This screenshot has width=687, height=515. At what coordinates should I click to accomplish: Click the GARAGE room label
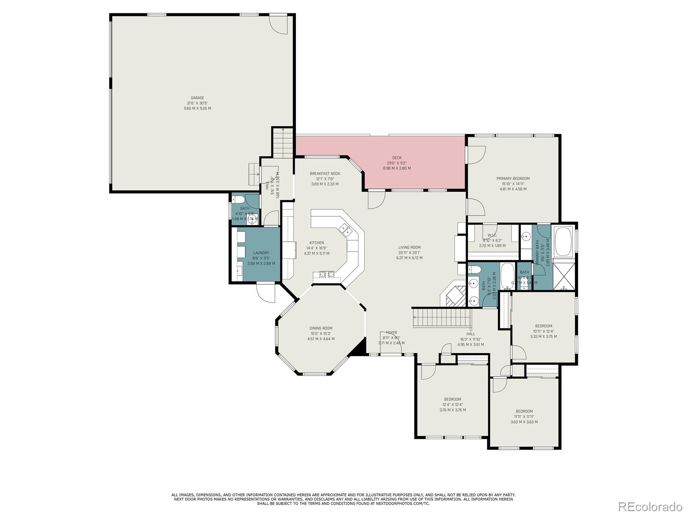[198, 98]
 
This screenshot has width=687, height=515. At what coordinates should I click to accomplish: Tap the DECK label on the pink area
[397, 158]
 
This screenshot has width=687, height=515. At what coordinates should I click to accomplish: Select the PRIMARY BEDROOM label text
[513, 179]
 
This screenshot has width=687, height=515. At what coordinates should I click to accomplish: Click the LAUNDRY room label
[261, 253]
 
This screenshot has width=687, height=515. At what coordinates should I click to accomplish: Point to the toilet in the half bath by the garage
[237, 200]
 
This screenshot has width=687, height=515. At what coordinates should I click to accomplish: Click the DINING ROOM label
[321, 328]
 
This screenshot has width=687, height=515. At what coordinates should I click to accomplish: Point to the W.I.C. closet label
[492, 235]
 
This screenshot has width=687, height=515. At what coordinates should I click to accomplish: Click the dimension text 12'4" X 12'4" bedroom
[453, 405]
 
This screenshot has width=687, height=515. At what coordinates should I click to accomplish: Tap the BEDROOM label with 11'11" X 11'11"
[524, 411]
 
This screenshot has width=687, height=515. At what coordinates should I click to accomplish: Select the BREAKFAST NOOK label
[325, 174]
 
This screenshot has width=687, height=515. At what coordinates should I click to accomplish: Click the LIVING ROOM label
[409, 248]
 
